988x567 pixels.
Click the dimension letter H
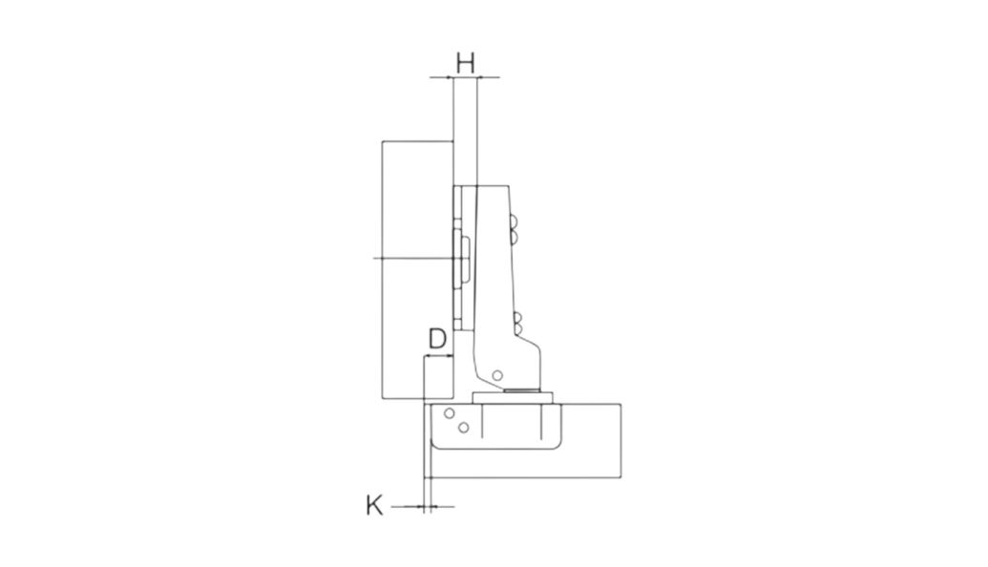point(465,63)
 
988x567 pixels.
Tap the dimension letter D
point(437,338)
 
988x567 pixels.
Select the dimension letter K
point(374,505)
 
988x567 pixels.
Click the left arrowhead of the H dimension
point(450,77)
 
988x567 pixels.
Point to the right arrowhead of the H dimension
point(481,77)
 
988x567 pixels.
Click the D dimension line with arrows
point(438,357)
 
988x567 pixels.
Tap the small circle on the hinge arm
point(497,375)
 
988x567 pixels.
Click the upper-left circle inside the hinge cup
point(450,413)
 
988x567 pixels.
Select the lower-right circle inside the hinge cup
point(464,428)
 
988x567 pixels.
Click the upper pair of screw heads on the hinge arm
point(514,229)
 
